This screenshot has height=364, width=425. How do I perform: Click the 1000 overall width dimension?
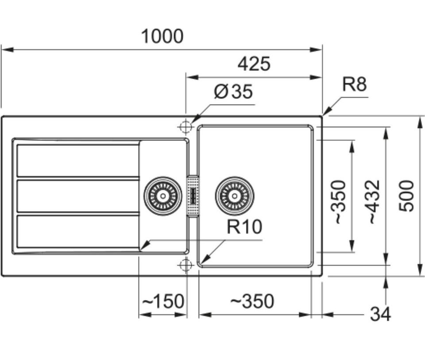pyautogui.click(x=162, y=36)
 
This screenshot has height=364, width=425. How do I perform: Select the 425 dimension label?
pyautogui.click(x=254, y=64)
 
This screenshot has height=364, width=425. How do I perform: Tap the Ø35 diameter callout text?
pyautogui.click(x=233, y=91)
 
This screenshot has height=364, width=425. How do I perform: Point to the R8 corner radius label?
pyautogui.click(x=355, y=84)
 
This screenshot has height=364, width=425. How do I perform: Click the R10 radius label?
pyautogui.click(x=244, y=227)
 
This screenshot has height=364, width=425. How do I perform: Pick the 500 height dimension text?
pyautogui.click(x=406, y=196)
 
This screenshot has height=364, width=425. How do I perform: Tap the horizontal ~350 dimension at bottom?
pyautogui.click(x=252, y=301)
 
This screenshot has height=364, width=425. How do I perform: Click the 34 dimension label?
pyautogui.click(x=381, y=314)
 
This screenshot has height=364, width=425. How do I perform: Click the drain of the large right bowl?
pyautogui.click(x=235, y=196)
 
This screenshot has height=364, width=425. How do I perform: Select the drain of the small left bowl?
pyautogui.click(x=163, y=196)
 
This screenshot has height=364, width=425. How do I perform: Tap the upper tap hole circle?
pyautogui.click(x=185, y=127)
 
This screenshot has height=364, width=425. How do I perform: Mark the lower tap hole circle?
pyautogui.click(x=185, y=265)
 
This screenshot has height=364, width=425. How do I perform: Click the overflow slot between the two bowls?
pyautogui.click(x=193, y=195)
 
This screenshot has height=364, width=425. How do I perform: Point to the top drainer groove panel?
pyautogui.click(x=78, y=161)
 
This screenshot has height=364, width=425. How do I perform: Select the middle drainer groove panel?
pyautogui.click(x=78, y=196)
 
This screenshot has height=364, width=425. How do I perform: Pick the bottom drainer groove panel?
pyautogui.click(x=78, y=232)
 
